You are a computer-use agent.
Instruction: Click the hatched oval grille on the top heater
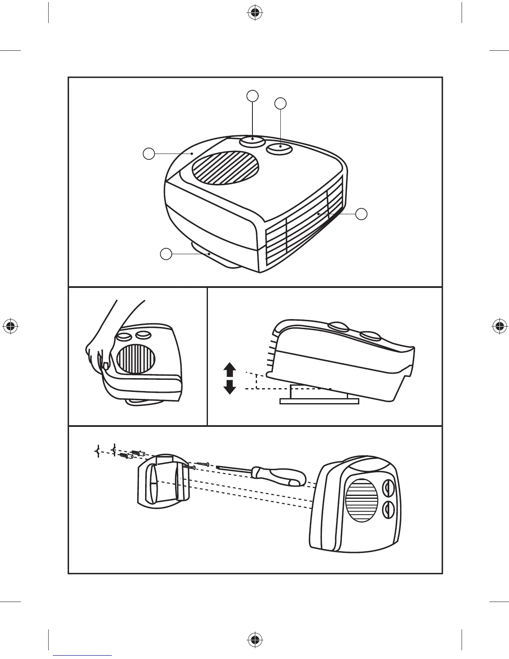[x=225, y=168]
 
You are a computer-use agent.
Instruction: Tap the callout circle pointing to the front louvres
[x=362, y=214]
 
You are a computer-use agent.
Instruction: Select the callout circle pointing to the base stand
[x=166, y=254]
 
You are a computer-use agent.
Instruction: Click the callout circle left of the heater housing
[x=149, y=154]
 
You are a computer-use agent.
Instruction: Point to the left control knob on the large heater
[x=252, y=141]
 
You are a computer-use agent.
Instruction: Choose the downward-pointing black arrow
[x=230, y=387]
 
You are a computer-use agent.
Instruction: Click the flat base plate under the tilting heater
[x=319, y=401]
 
